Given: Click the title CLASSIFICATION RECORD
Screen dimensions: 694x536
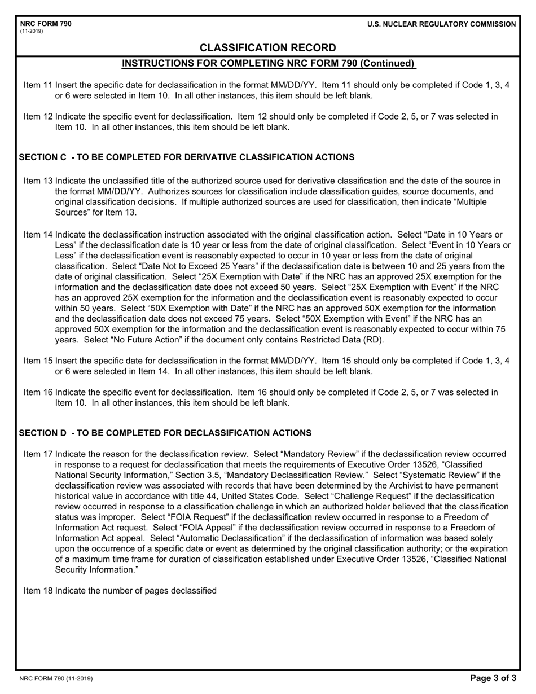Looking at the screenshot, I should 268,48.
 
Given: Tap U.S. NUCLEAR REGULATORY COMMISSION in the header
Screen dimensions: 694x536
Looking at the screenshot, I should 441,24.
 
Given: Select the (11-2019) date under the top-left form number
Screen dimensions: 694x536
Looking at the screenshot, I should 31,31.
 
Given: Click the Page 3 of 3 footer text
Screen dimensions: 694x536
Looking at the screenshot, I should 493,679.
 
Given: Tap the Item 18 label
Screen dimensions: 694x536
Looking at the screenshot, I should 38,591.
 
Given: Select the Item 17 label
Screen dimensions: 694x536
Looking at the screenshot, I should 38,454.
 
